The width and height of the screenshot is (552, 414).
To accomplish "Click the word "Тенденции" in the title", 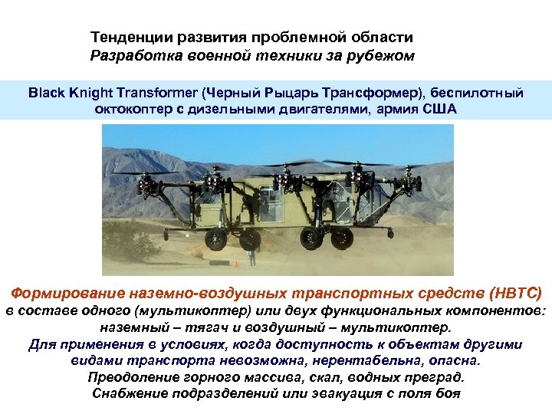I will click(124, 38).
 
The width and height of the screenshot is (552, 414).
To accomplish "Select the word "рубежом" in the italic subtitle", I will click(383, 55).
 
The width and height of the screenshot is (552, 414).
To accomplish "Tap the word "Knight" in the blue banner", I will click(90, 93).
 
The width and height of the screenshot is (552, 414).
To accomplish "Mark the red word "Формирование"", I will click(60, 292).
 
